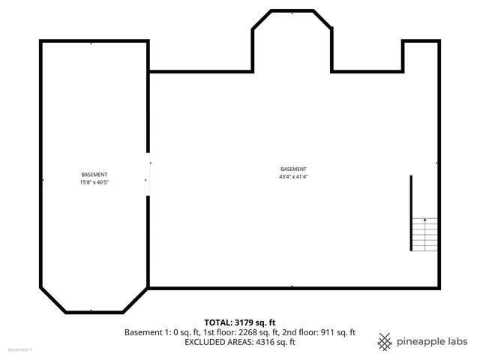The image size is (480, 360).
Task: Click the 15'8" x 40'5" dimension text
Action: point(94,182)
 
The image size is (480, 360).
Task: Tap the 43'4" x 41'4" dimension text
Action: point(293,177)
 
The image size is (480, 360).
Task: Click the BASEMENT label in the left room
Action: point(94,175)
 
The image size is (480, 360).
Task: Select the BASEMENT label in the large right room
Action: point(293,169)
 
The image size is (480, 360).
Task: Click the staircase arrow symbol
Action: point(425,220)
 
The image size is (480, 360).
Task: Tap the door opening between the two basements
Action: point(148,172)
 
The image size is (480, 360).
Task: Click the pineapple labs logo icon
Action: point(385,342)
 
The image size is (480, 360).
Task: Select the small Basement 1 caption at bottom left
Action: point(20,350)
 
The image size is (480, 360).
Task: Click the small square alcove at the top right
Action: point(421,56)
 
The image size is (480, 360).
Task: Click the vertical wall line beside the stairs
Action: point(411,213)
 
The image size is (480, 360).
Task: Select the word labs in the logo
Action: point(457,342)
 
